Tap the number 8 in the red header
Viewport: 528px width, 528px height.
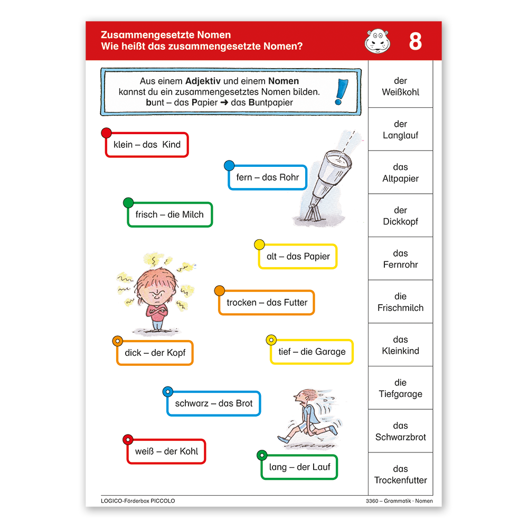point(415,41)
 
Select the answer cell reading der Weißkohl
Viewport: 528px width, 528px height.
point(400,86)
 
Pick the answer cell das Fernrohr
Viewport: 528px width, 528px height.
point(400,259)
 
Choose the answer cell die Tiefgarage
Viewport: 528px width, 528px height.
point(400,388)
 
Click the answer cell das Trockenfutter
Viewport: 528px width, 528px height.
point(400,474)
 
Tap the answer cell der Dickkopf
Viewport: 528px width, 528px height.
point(400,215)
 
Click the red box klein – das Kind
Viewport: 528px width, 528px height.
point(147,145)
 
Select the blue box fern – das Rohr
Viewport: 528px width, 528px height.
point(267,177)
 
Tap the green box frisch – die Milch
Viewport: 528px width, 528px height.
point(169,214)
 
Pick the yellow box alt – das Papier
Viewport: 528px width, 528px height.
point(298,257)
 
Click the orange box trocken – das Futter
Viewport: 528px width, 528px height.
point(267,303)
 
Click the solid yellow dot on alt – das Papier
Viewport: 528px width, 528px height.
point(259,244)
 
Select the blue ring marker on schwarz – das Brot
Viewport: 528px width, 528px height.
point(167,392)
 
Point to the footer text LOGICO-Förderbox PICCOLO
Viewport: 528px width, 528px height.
point(138,501)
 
